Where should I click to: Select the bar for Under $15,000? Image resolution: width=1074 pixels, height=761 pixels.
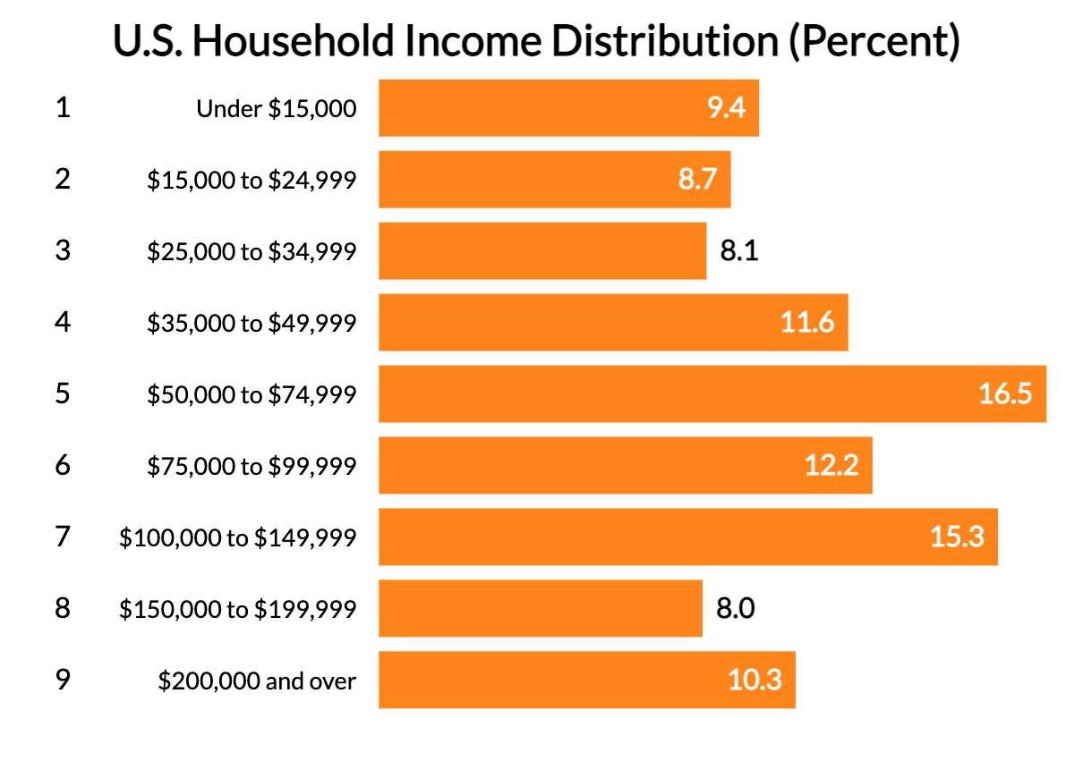568,108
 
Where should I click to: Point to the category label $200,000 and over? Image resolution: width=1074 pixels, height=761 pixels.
257,681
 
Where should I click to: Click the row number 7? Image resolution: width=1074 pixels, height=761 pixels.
62,537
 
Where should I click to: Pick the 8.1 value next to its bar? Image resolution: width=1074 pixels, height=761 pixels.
739,251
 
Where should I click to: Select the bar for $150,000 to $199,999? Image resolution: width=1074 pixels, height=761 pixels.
540,609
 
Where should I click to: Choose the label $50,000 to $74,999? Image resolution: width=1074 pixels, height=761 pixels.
251,394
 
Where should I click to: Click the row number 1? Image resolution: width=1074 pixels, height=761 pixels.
62,108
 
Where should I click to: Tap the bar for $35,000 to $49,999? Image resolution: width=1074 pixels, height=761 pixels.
613,323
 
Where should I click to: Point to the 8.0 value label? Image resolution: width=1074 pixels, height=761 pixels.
736,609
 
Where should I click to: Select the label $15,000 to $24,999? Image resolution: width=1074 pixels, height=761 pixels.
251,180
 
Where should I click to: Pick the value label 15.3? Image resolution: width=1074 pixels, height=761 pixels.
957,537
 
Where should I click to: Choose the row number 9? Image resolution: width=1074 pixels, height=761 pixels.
62,681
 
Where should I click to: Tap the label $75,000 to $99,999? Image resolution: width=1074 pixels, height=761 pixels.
251,466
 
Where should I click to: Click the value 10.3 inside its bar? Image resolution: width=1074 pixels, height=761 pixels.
754,681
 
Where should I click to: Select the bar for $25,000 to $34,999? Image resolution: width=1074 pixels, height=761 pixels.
542,251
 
